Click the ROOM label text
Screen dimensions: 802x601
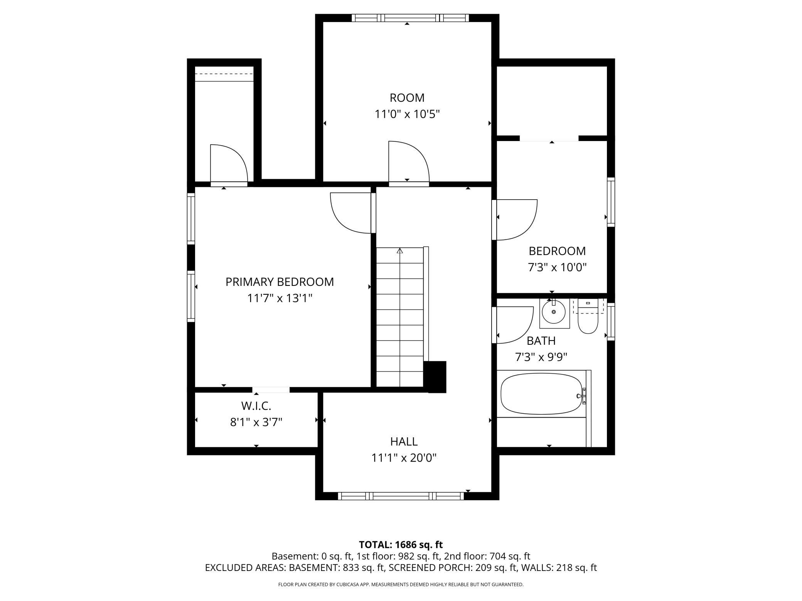click(x=407, y=98)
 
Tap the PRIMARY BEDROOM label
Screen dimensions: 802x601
click(x=280, y=282)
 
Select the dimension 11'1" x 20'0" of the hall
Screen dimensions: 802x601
click(x=404, y=458)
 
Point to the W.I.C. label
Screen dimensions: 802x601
click(x=256, y=406)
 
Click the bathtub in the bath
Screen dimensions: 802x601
click(x=541, y=394)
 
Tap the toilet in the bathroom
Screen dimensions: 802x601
click(x=588, y=317)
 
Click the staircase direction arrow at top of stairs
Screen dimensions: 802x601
click(x=400, y=251)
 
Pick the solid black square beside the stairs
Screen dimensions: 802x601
click(x=435, y=377)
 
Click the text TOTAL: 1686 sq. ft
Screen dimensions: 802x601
click(x=401, y=545)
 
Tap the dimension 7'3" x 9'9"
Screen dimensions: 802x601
click(x=541, y=357)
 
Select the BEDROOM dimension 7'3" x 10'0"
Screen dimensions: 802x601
click(x=557, y=267)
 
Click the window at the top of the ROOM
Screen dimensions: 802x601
click(x=410, y=18)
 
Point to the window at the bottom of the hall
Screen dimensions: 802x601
click(x=401, y=496)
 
